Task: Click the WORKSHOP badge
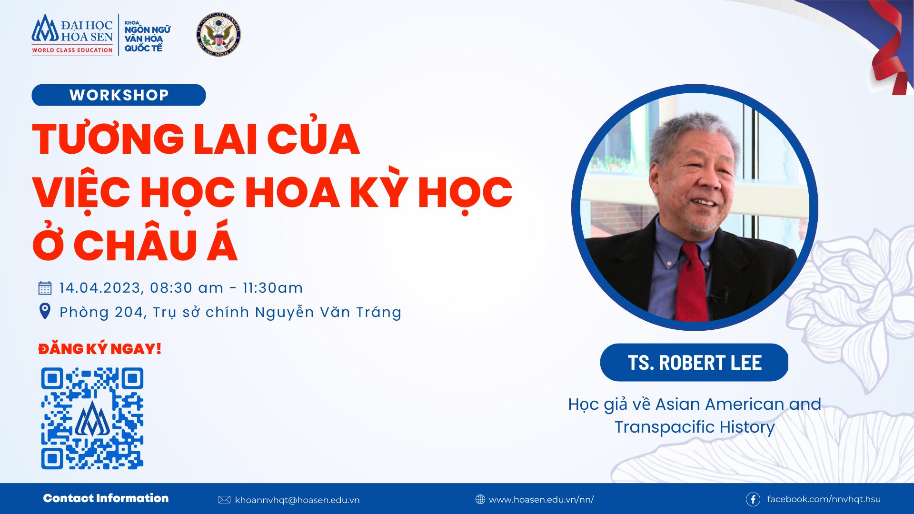119,95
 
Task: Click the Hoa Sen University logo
72,35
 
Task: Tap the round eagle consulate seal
219,34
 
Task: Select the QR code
92,418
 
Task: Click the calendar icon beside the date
45,288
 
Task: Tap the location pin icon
45,311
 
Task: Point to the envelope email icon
224,500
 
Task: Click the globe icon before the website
480,499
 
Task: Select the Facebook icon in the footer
753,499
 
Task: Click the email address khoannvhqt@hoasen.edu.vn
297,500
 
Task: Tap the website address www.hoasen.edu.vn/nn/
541,500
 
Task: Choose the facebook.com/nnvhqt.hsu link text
824,499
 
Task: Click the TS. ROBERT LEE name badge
694,362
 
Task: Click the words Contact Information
106,498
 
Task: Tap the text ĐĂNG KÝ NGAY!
100,349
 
